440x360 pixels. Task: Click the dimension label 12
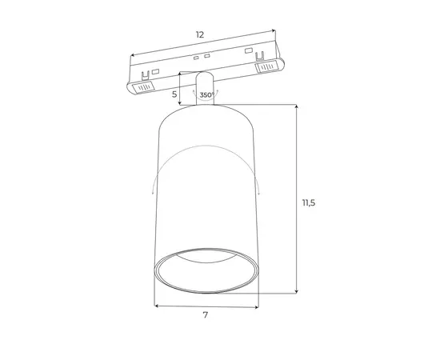(199, 34)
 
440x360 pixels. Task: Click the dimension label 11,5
(309, 202)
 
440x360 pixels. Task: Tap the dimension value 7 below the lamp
(206, 315)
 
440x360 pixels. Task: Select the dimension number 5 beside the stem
(174, 94)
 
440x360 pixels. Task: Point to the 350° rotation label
(207, 95)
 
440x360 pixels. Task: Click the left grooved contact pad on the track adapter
(143, 87)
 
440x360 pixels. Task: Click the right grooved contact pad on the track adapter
(266, 67)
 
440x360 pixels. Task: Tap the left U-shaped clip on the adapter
(145, 76)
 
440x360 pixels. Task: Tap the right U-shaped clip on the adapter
(260, 56)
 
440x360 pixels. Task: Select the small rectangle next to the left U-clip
(155, 71)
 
